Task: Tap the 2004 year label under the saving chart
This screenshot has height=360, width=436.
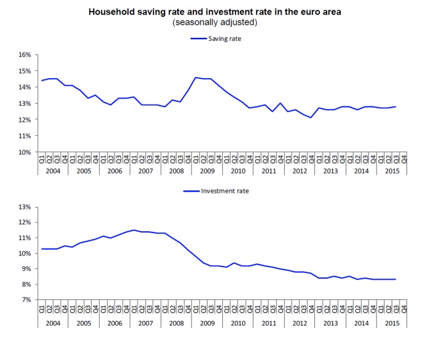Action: pos(52,171)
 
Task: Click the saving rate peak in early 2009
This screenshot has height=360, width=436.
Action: pos(195,78)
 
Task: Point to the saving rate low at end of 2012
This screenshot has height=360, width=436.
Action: pos(311,118)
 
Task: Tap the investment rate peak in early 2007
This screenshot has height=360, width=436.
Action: pos(134,230)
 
